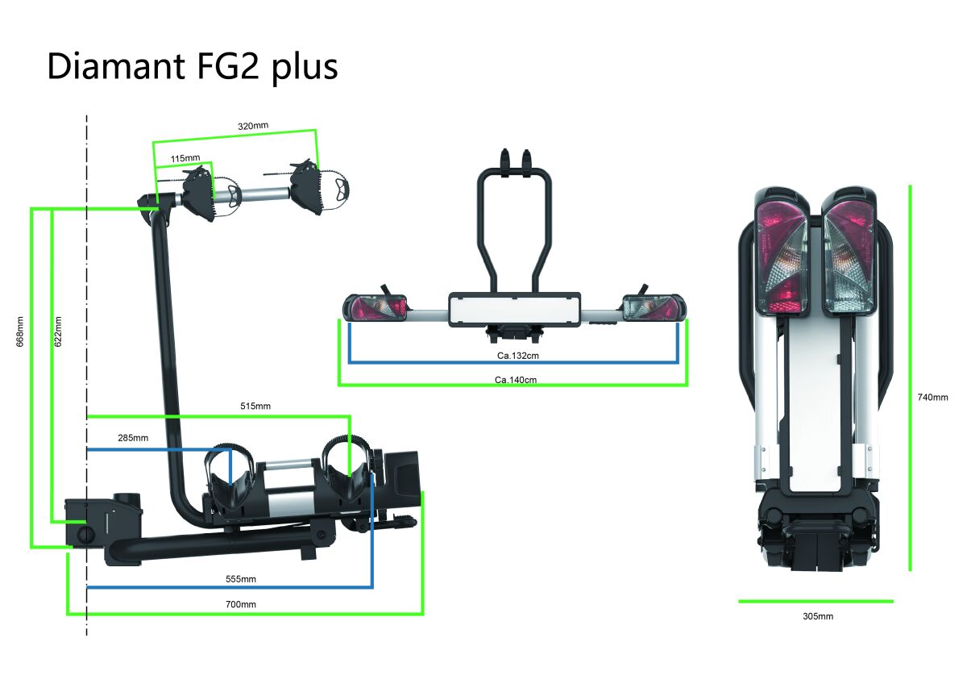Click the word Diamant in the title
[116, 66]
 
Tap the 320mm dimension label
[253, 126]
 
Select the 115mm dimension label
[185, 159]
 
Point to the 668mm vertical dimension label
[20, 332]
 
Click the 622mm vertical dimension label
[58, 332]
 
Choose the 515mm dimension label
[255, 407]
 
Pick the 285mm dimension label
[133, 438]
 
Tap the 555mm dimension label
[241, 579]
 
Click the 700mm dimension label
[241, 604]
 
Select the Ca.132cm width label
[518, 356]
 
